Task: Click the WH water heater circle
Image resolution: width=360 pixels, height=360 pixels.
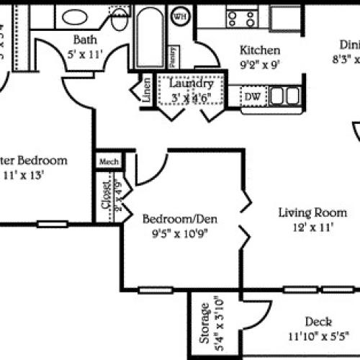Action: (x=179, y=15)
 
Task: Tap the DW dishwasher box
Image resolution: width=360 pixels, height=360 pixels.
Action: (x=253, y=96)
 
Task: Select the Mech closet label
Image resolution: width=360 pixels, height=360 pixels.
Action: (x=109, y=161)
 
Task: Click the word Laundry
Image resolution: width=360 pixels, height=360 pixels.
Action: (x=191, y=84)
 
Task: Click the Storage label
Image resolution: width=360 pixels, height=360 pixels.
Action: (x=204, y=323)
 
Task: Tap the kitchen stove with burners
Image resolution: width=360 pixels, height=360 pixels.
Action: (x=241, y=17)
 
